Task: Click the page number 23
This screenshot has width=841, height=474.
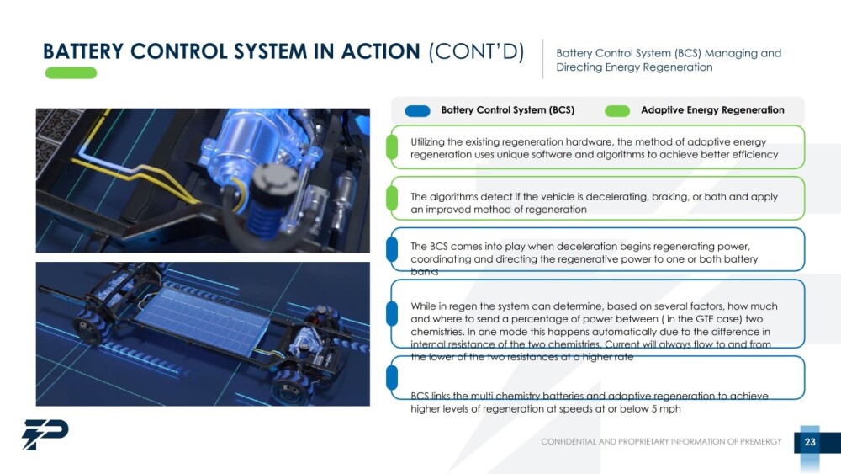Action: click(x=809, y=442)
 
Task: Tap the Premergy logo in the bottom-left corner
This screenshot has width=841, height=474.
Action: click(x=45, y=434)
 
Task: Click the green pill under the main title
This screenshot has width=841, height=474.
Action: click(x=71, y=73)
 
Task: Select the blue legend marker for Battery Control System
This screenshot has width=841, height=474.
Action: click(x=417, y=110)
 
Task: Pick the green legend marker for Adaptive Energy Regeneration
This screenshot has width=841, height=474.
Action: click(x=616, y=110)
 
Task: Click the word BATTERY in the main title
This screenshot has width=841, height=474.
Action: click(x=83, y=51)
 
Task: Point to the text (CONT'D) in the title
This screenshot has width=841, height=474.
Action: click(x=476, y=51)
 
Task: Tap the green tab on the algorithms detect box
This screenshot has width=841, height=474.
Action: click(x=392, y=198)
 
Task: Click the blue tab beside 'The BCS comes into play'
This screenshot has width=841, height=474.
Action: click(x=392, y=249)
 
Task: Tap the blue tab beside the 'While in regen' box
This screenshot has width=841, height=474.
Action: click(x=392, y=313)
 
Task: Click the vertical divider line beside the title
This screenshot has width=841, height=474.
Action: click(x=542, y=59)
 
